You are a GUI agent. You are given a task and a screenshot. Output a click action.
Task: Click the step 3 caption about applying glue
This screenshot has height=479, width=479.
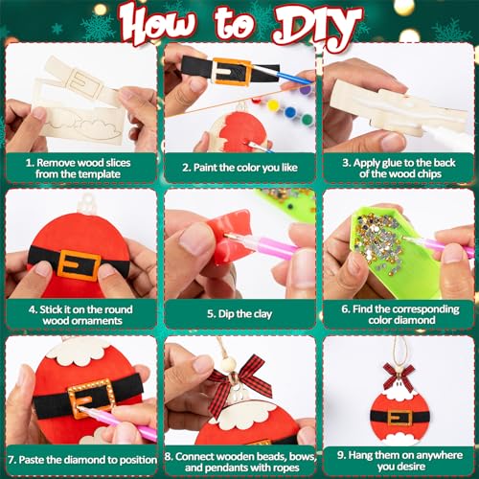pyautogui.click(x=399, y=168)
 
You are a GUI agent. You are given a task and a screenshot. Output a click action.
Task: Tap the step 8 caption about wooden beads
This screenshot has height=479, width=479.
pyautogui.click(x=239, y=458)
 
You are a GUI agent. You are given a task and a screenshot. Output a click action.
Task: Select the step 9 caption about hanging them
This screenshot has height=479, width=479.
pyautogui.click(x=399, y=458)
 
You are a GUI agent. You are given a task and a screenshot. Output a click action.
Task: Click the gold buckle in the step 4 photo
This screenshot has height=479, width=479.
pyautogui.click(x=79, y=263)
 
